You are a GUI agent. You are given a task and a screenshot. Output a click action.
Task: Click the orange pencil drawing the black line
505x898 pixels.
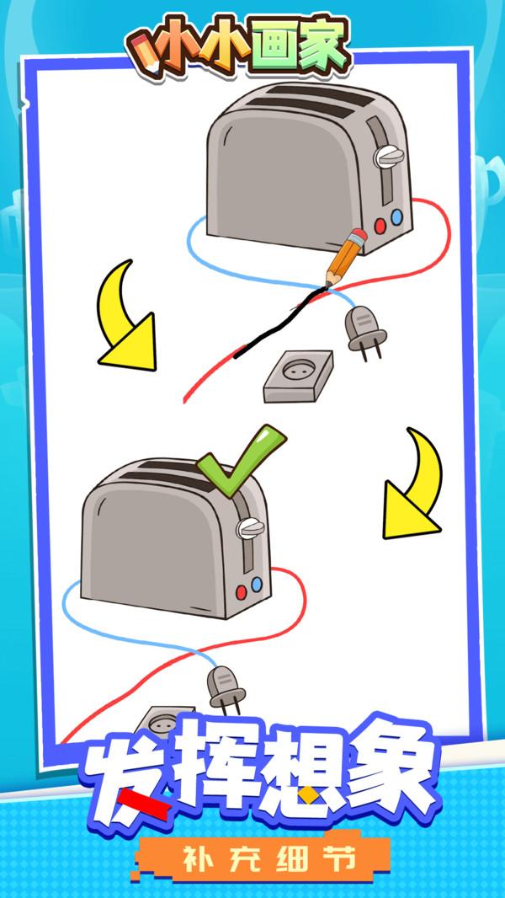345,257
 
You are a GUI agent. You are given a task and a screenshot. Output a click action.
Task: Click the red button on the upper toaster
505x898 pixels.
380,226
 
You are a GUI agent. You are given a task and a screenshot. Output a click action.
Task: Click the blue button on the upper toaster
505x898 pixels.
396,217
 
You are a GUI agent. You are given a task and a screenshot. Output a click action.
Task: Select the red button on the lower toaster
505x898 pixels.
242,591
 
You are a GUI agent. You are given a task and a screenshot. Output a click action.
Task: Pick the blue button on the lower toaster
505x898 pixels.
256,584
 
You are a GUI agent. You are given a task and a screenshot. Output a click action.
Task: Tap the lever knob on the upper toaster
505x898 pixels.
389,157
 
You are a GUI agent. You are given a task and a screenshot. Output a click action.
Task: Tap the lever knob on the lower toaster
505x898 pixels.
251,527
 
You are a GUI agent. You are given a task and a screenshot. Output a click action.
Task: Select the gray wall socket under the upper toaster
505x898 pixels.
298,376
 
